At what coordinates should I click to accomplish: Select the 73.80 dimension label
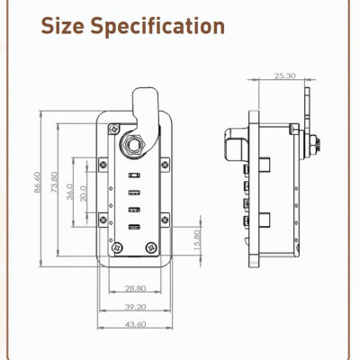pyautogui.click(x=54, y=184)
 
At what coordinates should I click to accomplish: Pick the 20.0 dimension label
pyautogui.click(x=83, y=193)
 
